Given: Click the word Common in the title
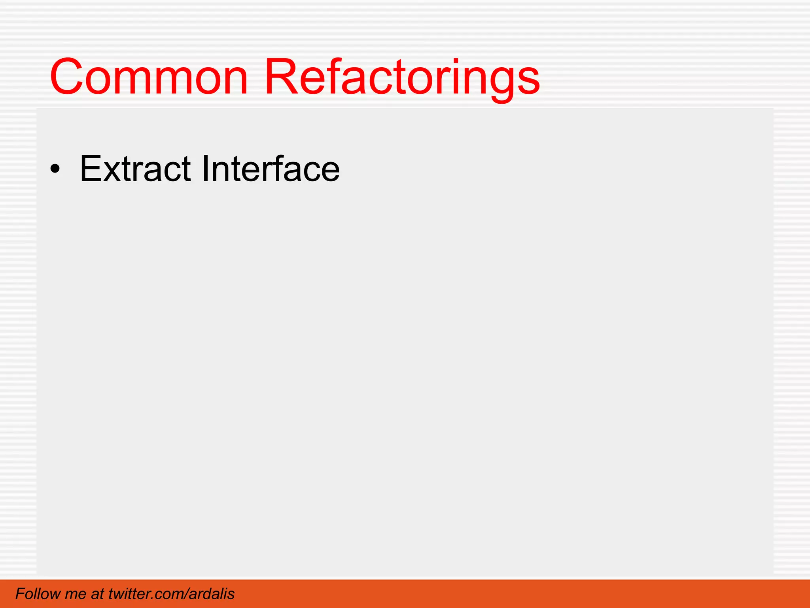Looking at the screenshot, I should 149,77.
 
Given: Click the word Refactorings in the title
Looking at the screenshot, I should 401,77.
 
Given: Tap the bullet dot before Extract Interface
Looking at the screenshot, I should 55,170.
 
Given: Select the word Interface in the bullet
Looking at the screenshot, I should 271,169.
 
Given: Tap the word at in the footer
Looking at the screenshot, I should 97,594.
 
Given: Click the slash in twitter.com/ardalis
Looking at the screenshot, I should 185,594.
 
